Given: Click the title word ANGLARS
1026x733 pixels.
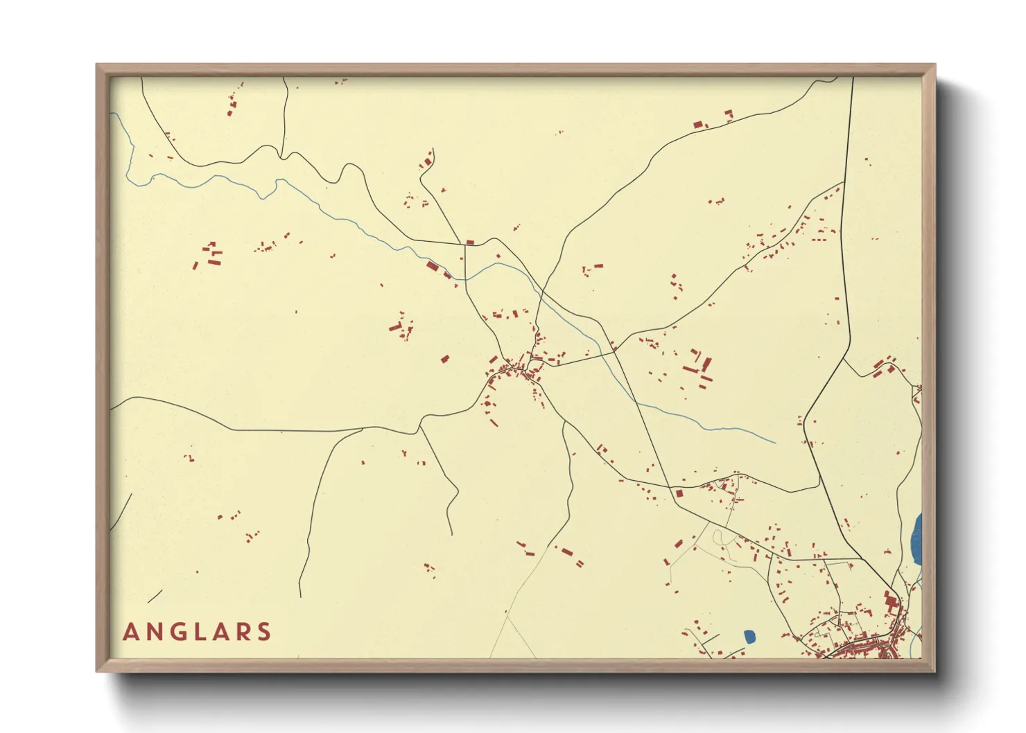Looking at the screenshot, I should click(197, 632).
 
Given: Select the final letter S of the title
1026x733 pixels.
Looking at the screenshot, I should click(263, 632).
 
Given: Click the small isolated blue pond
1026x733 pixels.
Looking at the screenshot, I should click(749, 636).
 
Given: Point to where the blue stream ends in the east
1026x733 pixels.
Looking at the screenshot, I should click(775, 443).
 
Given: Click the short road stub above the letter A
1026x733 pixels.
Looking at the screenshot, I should click(155, 596).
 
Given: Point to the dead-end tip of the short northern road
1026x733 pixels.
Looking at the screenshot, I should click(432, 148).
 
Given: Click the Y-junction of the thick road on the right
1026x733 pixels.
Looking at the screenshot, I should click(845, 358).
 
